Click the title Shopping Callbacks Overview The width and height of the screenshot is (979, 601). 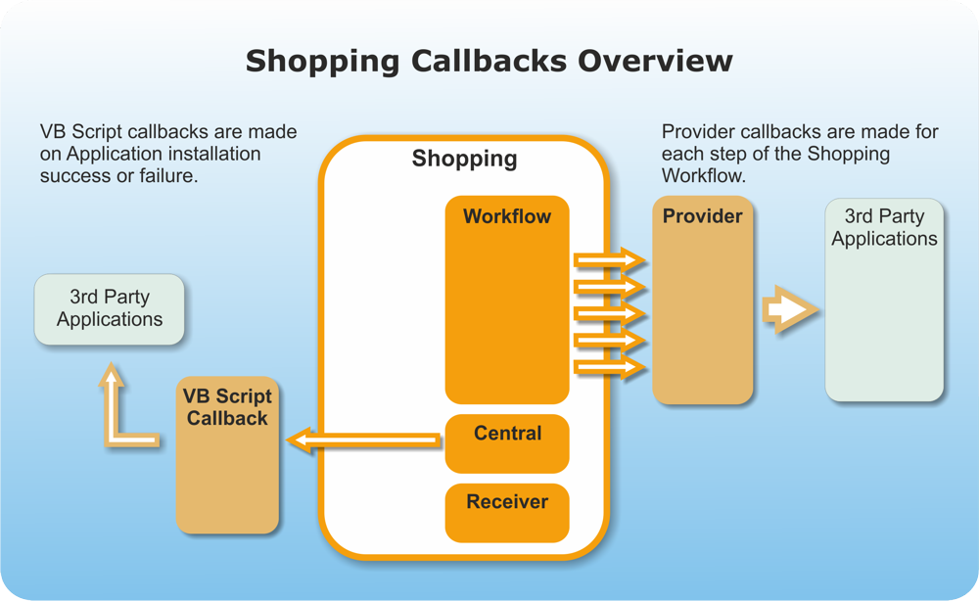point(489,61)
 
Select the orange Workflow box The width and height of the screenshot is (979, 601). point(507,303)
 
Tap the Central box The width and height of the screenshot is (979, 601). point(507,443)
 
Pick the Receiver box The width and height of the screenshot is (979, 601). point(507,512)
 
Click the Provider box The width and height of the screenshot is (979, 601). point(703,303)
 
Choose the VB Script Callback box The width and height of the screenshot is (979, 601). point(227,456)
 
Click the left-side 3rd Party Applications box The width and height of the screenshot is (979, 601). point(109,308)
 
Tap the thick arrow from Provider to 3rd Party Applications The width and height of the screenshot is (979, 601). point(790,310)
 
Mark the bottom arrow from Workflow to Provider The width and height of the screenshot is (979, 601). point(609,367)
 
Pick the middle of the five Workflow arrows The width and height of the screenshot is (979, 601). point(609,313)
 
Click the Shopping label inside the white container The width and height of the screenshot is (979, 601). point(464,160)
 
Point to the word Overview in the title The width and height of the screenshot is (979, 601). point(655,61)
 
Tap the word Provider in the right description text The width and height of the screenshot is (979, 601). point(699,132)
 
